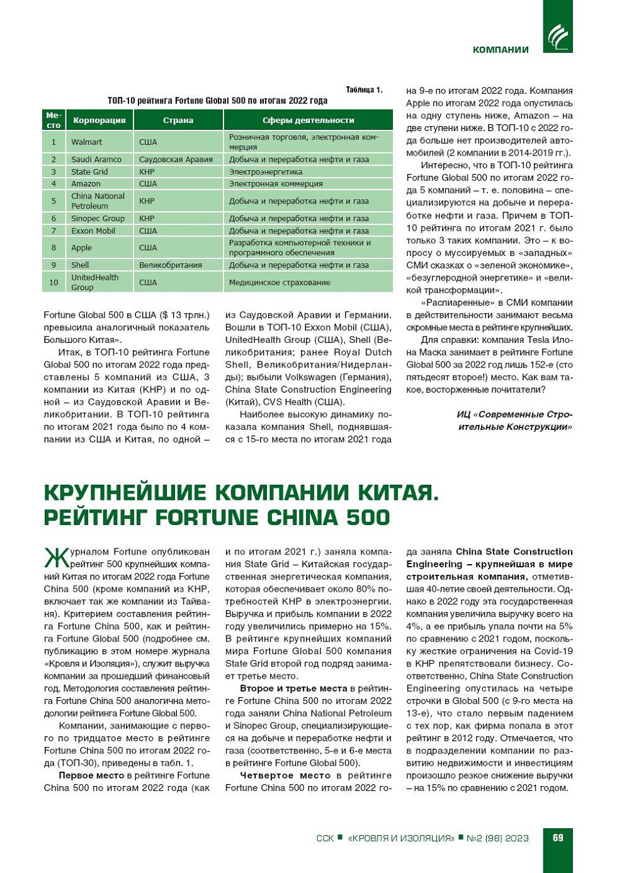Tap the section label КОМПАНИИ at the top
click(x=501, y=50)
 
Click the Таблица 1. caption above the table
click(x=364, y=90)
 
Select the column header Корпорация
click(x=99, y=120)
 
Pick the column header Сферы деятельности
click(x=308, y=120)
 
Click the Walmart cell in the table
click(x=86, y=142)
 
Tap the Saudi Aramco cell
click(x=96, y=159)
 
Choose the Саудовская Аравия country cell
click(x=176, y=159)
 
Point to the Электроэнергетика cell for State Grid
click(x=266, y=171)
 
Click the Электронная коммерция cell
click(x=276, y=183)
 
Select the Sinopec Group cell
click(x=98, y=218)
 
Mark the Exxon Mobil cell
click(x=93, y=231)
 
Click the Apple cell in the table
click(x=81, y=248)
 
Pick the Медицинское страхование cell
click(x=280, y=282)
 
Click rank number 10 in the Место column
click(x=54, y=282)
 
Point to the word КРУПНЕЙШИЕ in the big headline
click(x=125, y=492)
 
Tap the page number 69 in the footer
click(x=558, y=838)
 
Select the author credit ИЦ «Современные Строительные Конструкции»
click(x=514, y=420)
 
